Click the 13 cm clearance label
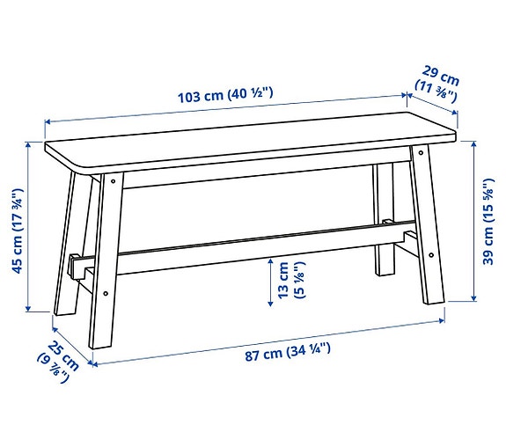click(290, 281)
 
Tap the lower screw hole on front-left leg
click(105, 293)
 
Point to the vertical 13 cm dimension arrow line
click(269, 281)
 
